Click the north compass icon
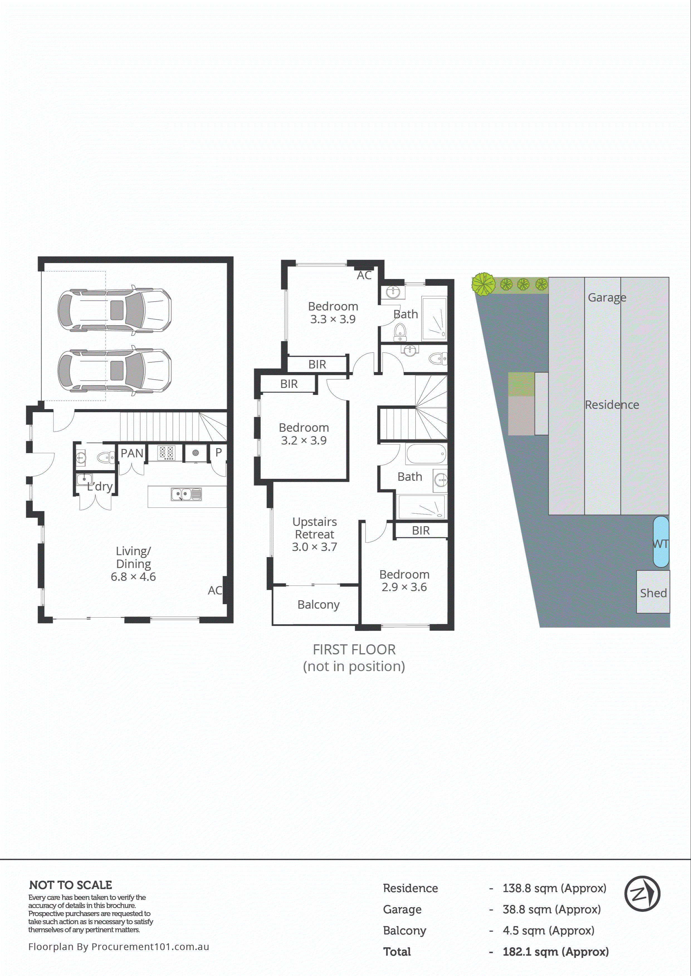point(642,894)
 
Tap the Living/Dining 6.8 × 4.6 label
point(133,564)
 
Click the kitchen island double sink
point(186,494)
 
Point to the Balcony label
point(318,605)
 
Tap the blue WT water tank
point(661,542)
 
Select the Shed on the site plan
point(653,592)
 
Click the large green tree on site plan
point(483,284)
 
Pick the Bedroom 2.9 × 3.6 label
point(404,581)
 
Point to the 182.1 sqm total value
point(555,952)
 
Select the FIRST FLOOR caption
point(354,650)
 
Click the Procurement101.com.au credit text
point(119,947)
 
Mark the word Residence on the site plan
point(611,405)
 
